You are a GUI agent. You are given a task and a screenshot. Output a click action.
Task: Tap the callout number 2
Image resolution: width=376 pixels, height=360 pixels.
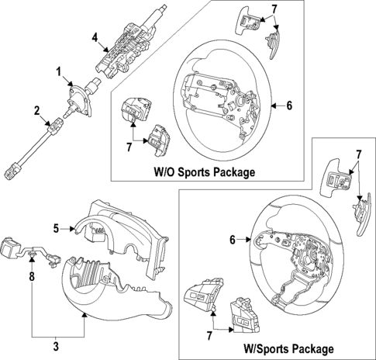36,112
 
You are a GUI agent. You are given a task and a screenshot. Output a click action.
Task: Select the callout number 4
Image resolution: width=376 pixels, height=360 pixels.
94,36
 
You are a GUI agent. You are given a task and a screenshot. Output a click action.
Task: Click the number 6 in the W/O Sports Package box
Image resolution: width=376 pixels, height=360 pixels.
288,106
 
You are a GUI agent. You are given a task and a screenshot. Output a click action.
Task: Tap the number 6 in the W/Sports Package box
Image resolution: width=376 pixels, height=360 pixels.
232,241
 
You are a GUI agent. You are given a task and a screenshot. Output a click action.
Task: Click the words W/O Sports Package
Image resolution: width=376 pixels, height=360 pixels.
204,171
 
